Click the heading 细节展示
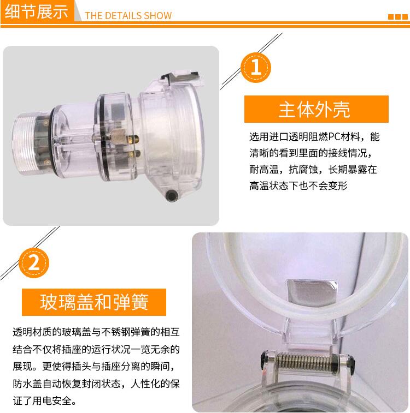(x=37, y=12)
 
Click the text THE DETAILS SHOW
(x=128, y=15)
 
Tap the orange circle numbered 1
(x=256, y=68)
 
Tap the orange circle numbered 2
(x=34, y=262)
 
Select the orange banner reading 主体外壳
(x=317, y=109)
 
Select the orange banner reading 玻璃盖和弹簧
(x=94, y=302)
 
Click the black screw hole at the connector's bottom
(x=172, y=195)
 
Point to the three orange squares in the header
(x=398, y=17)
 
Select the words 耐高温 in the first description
(x=264, y=169)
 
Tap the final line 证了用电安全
(x=45, y=400)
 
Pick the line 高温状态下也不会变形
(x=298, y=185)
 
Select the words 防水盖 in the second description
(x=27, y=384)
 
